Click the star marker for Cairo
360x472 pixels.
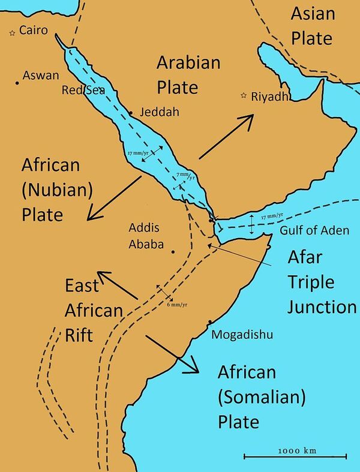pos(12,34)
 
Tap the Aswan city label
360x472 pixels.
pos(41,76)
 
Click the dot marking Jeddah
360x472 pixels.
pos(131,113)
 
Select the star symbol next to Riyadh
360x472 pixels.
pos(244,95)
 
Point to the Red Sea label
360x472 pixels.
pos(83,91)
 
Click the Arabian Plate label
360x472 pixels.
pos(188,74)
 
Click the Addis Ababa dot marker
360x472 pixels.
pos(173,252)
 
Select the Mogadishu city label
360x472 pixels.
pos(242,335)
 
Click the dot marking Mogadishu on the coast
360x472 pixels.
pos(209,322)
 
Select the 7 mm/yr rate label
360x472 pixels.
pos(185,176)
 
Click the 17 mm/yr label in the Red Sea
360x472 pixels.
pos(139,154)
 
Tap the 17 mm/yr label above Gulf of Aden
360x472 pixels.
pos(272,216)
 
